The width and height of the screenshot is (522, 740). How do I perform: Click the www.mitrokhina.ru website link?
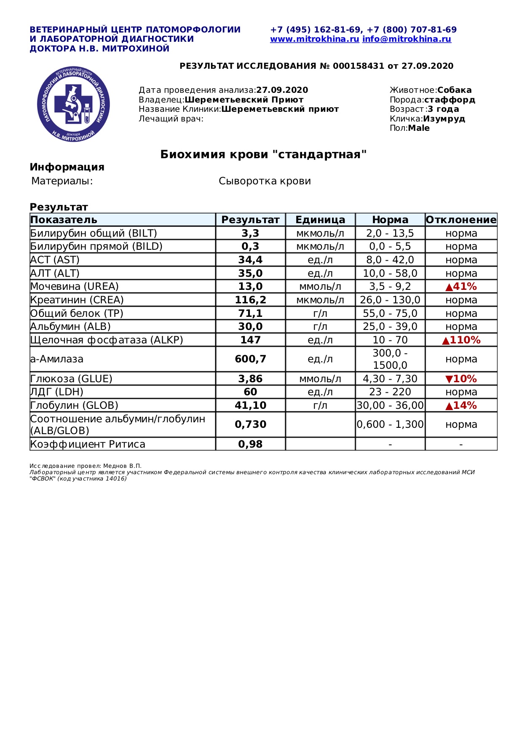[x=314, y=39]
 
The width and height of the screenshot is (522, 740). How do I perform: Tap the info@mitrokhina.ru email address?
[x=407, y=39]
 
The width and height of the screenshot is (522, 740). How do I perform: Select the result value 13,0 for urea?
[x=250, y=286]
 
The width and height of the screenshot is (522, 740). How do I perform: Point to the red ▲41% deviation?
[x=461, y=286]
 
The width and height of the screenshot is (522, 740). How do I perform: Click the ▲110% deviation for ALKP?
[x=461, y=340]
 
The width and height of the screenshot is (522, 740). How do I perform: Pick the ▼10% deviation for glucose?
[x=461, y=379]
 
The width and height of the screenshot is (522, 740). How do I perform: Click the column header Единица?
[x=320, y=220]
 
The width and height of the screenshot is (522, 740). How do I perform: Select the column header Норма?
[x=390, y=220]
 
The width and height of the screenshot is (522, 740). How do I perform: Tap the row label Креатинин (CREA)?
[x=77, y=300]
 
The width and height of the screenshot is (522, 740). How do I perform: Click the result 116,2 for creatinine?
[x=250, y=300]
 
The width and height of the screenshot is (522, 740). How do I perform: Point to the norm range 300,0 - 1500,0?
[x=390, y=359]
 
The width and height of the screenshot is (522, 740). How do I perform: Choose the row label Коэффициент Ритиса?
[x=88, y=444]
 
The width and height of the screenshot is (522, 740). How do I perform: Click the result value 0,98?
[x=250, y=444]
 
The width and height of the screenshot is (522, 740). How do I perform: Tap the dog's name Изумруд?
[x=444, y=119]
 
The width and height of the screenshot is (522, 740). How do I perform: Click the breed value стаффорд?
[x=450, y=100]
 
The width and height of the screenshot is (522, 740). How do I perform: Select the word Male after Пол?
[x=419, y=128]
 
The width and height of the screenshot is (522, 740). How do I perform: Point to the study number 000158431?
[x=359, y=66]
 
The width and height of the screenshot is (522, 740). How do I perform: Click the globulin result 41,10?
[x=250, y=405]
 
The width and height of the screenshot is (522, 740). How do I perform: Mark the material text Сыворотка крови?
[x=265, y=181]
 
